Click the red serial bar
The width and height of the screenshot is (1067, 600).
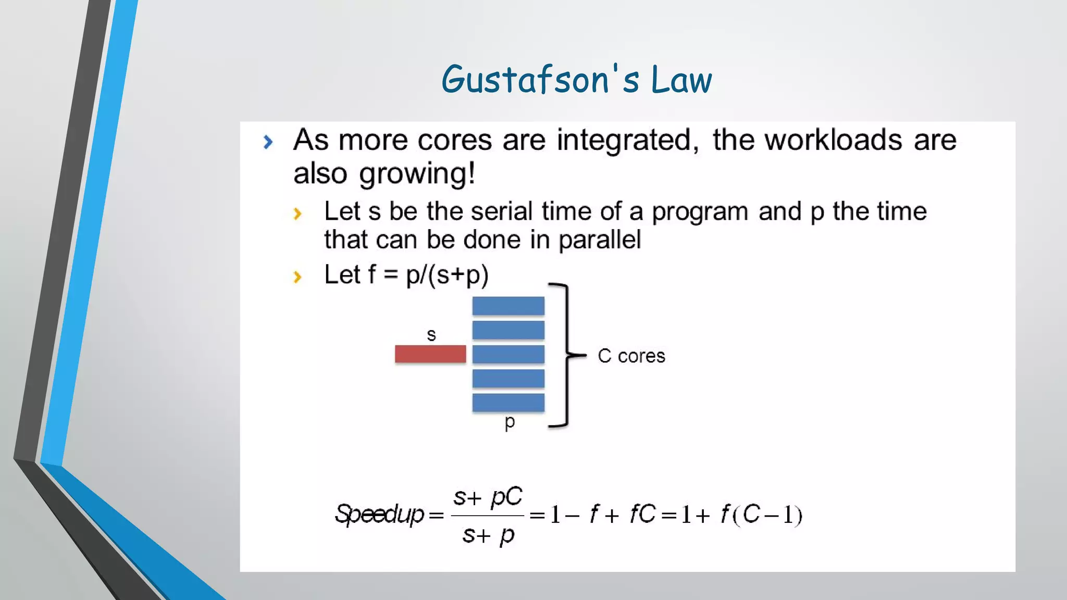430,354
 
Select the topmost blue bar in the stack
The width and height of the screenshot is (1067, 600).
508,306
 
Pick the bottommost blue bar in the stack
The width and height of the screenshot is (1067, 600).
508,403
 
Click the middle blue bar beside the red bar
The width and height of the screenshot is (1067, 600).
508,354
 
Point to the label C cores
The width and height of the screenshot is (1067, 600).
631,356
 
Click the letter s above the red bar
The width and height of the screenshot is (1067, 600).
431,335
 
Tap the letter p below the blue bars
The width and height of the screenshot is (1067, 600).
510,422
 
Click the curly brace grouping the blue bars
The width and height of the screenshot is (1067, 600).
567,355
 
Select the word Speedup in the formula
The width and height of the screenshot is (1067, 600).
379,515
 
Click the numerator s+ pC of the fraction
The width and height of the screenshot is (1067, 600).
487,496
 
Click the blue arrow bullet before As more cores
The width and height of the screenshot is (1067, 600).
268,142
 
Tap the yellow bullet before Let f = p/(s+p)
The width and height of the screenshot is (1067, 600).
297,277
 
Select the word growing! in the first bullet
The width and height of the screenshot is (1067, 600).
417,174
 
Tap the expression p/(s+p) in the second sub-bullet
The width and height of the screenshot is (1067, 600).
447,275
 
